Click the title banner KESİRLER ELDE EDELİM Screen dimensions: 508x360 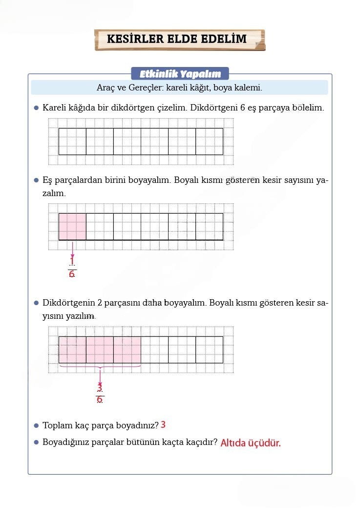pos(179,40)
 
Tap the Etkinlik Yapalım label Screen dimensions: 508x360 pos(180,74)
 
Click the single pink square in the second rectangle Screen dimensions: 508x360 pos(72,226)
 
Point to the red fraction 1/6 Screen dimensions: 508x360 pos(72,268)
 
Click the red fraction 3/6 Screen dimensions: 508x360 pos(100,394)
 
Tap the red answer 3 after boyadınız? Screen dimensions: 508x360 pos(163,424)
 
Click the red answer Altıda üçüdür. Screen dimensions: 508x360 pos(251,443)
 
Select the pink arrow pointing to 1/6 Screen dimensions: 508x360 pos(72,249)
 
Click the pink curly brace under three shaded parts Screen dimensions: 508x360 pos(100,367)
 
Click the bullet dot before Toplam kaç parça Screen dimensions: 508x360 pos(36,425)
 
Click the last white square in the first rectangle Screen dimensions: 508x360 pos(209,141)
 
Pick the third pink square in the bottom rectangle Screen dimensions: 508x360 pos(127,350)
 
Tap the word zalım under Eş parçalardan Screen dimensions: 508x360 pos(54,194)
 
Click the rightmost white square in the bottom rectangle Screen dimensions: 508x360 pos(209,350)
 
